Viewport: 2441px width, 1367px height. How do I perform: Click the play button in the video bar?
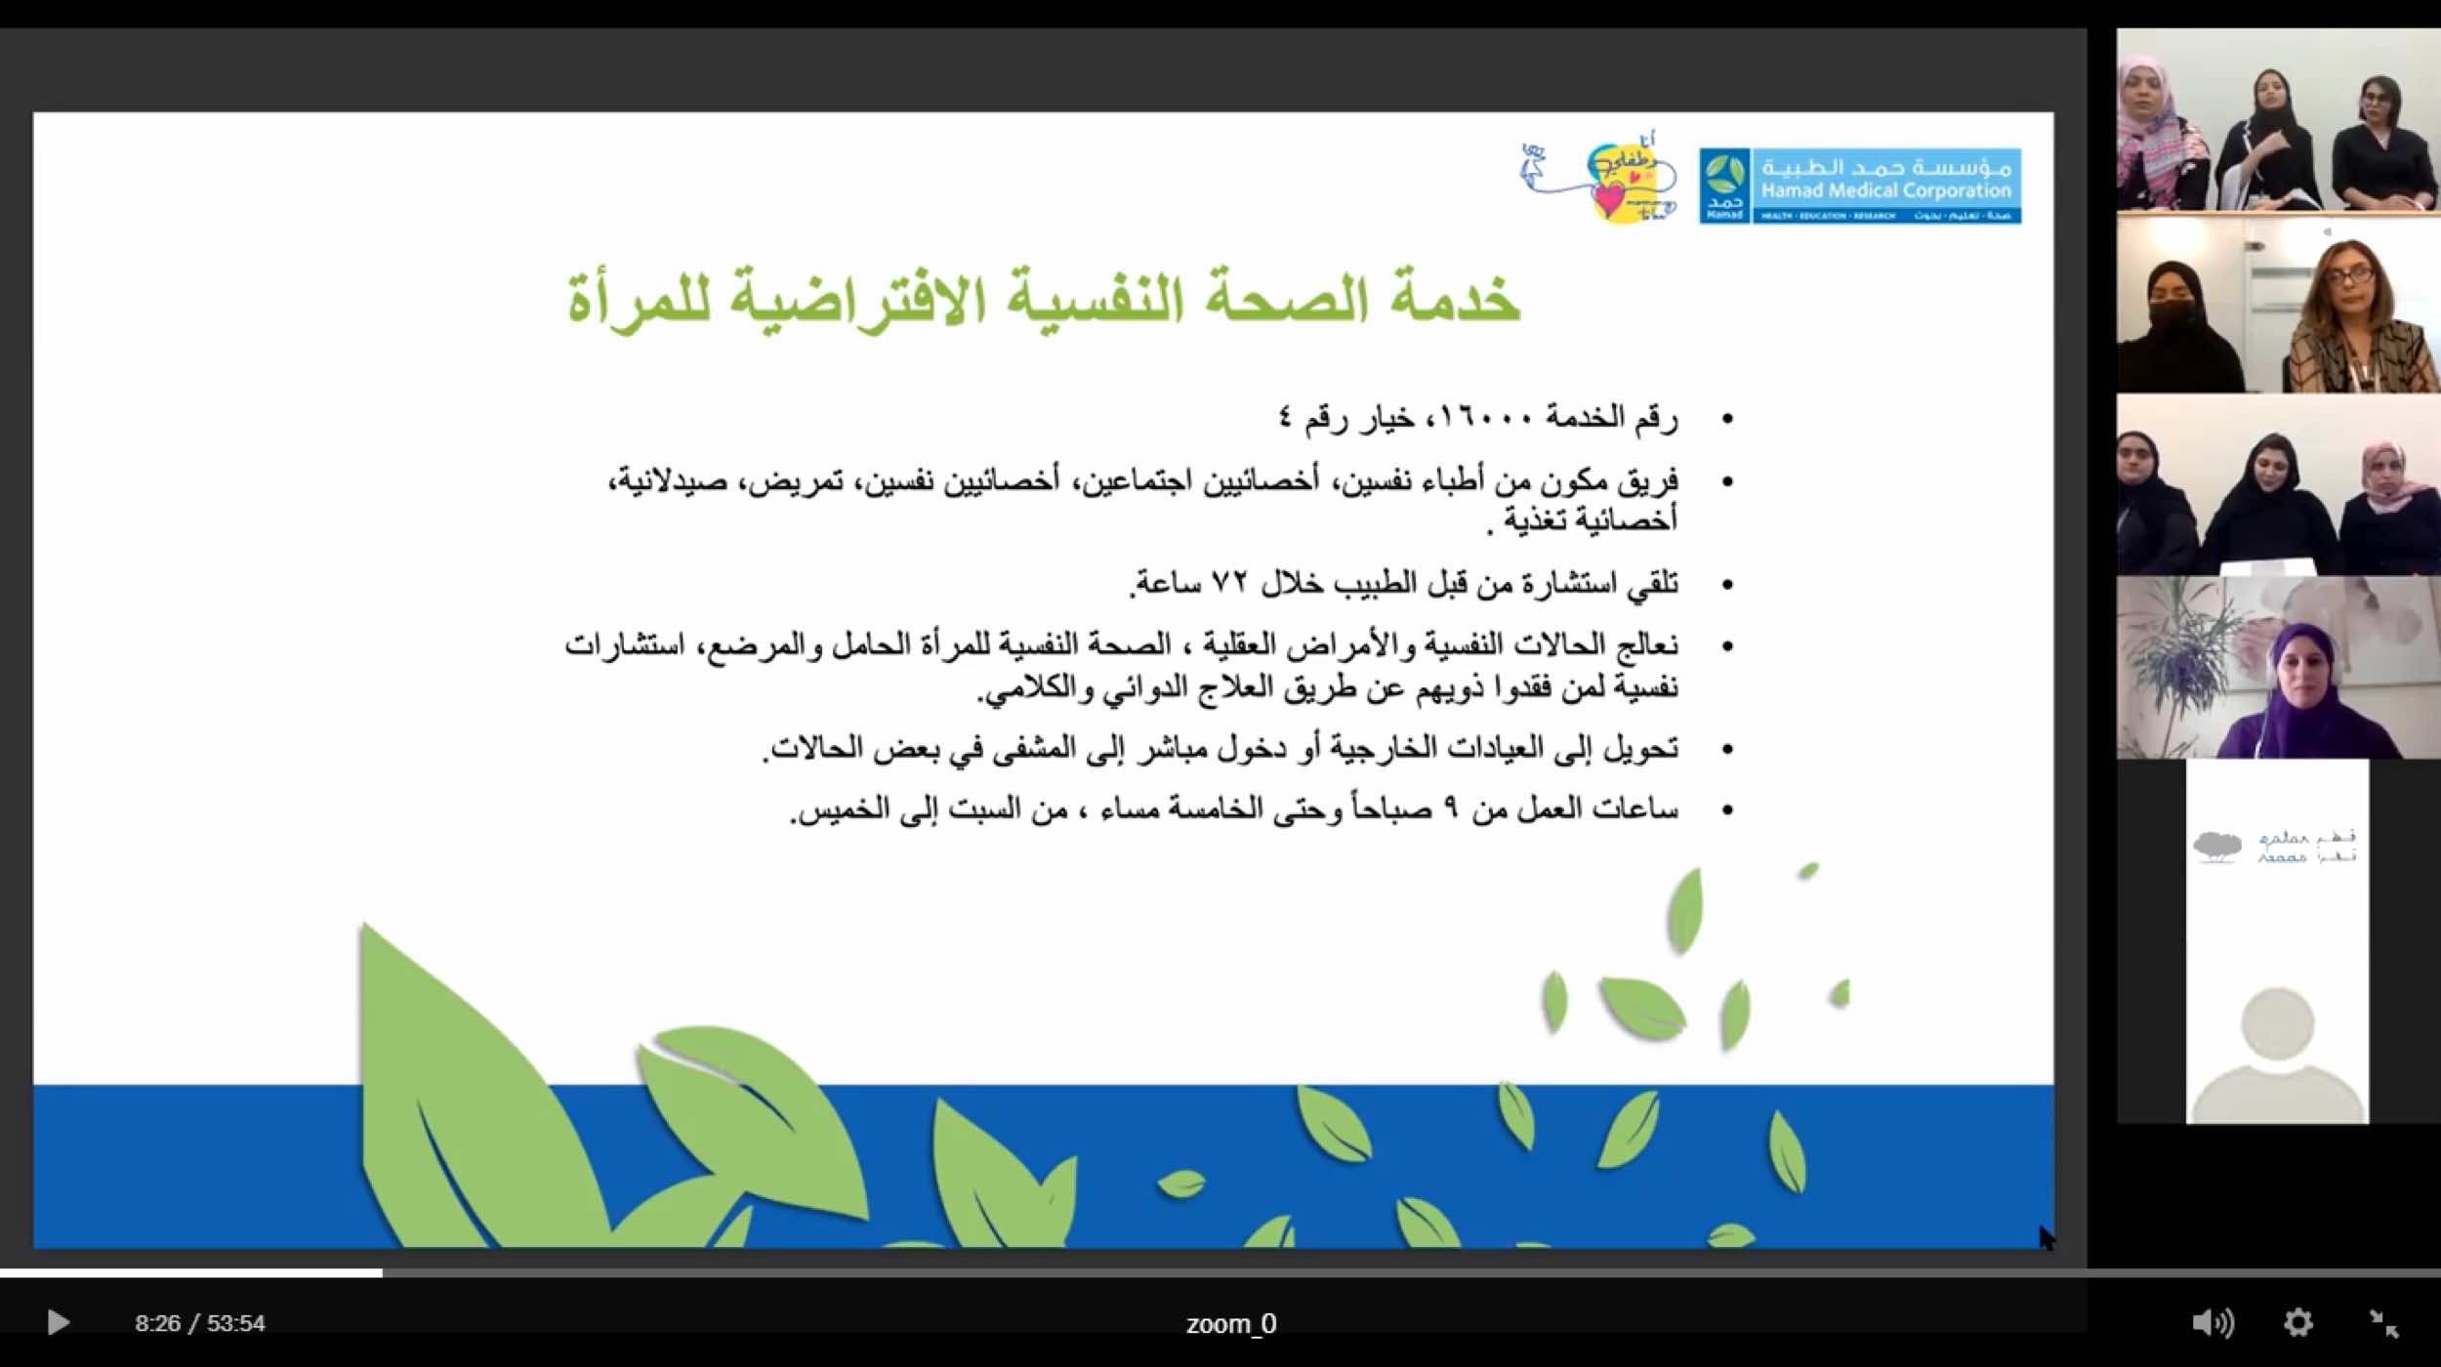click(58, 1323)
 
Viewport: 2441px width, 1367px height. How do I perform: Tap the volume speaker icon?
click(2212, 1323)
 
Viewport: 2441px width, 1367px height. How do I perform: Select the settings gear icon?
click(2298, 1323)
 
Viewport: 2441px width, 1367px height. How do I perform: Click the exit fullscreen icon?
click(2384, 1323)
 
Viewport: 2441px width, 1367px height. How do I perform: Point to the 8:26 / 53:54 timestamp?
click(200, 1324)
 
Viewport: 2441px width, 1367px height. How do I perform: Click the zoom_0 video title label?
click(1230, 1324)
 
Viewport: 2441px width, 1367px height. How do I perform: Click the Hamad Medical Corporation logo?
click(1860, 186)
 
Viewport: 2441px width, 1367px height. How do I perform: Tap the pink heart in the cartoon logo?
click(1607, 199)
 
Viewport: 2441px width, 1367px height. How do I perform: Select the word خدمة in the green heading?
click(1455, 299)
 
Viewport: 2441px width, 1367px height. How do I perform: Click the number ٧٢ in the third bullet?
click(1229, 583)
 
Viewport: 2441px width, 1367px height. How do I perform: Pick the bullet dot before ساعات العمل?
click(1727, 810)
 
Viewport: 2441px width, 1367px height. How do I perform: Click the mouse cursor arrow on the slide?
click(2047, 1237)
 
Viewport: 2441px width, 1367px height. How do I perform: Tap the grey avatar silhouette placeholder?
click(2277, 1055)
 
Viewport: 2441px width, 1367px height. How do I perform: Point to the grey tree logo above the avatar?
click(2216, 846)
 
